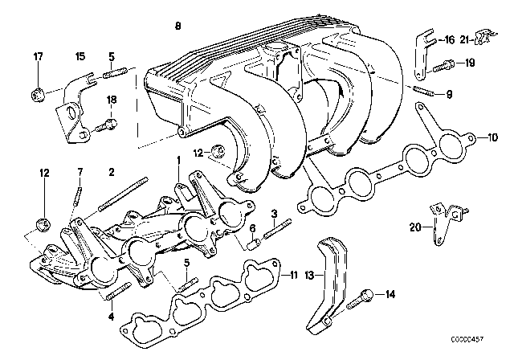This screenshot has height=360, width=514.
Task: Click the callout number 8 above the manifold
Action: coord(177,27)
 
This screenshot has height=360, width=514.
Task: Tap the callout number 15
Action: coord(80,56)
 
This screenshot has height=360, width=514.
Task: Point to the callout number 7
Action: coord(80,172)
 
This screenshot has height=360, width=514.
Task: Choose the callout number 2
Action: coord(112,172)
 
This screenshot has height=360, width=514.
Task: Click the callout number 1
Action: coord(177,160)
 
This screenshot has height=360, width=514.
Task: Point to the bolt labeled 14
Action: coord(364,294)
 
